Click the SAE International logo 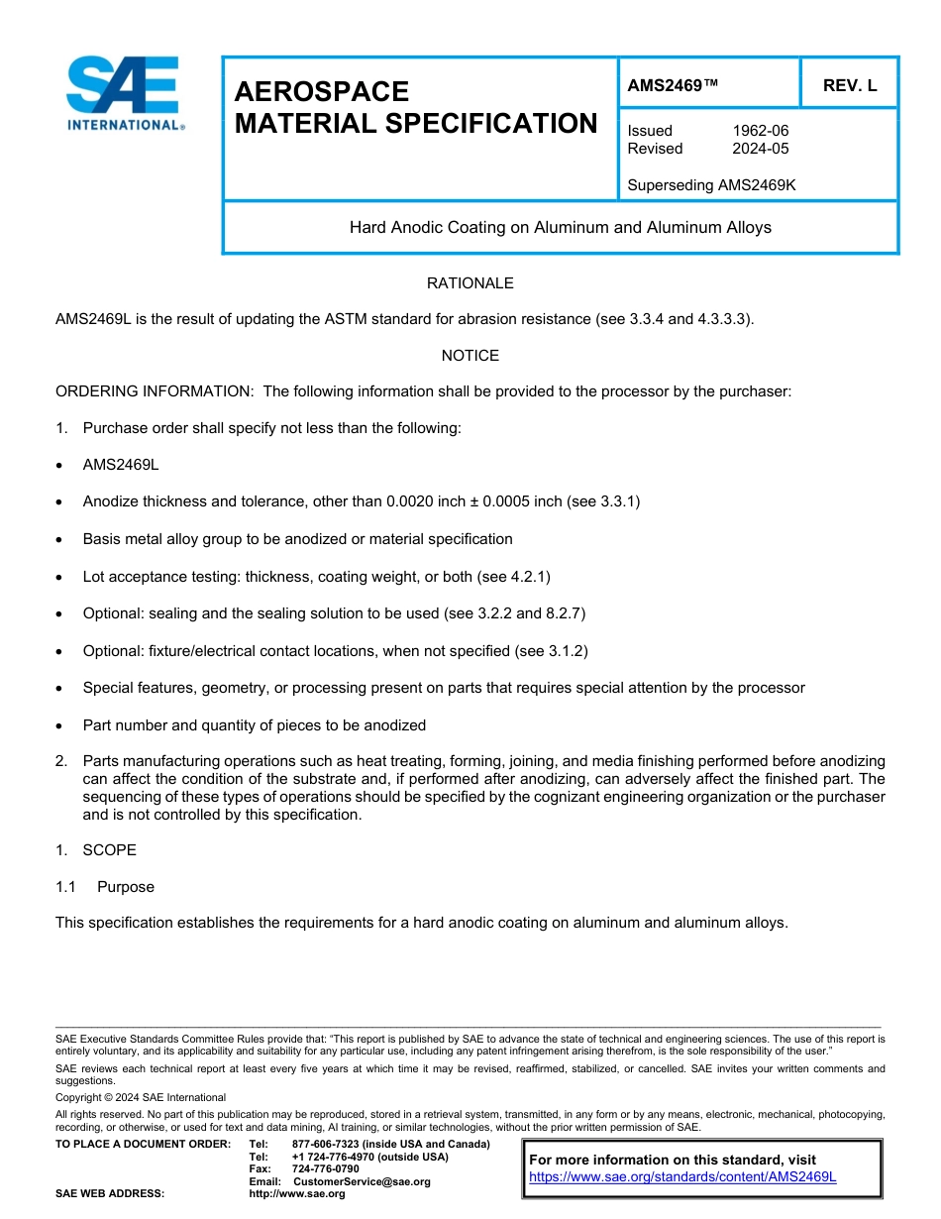tap(123, 93)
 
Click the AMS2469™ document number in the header tap(673, 86)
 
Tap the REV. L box tap(849, 86)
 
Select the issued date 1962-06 tap(760, 131)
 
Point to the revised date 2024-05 tap(760, 149)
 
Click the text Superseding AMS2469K tap(711, 185)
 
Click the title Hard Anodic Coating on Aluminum tap(560, 228)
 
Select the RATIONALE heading tap(470, 283)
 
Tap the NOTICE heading tap(470, 356)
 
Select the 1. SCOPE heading tap(96, 850)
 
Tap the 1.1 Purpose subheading tap(105, 887)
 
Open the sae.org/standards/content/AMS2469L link tap(682, 1177)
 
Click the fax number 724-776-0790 tap(325, 1169)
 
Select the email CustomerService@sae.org tap(362, 1182)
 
